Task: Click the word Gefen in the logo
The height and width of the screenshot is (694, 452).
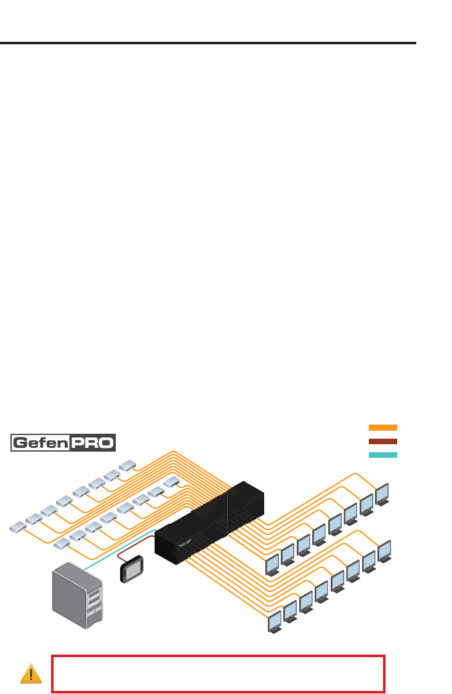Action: (x=41, y=443)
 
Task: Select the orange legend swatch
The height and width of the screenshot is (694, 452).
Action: (x=382, y=427)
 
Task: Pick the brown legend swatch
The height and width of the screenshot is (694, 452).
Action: (x=382, y=441)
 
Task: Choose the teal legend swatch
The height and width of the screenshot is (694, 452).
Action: (x=382, y=455)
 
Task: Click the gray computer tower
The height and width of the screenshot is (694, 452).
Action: (x=78, y=595)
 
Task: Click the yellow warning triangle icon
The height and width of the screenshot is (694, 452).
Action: (x=31, y=674)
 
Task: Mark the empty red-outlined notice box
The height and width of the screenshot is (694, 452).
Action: (x=219, y=674)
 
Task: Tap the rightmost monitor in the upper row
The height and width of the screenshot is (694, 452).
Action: (x=382, y=493)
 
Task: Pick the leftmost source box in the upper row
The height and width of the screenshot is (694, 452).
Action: (x=17, y=527)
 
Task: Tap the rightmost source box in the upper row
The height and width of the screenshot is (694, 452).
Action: (x=127, y=465)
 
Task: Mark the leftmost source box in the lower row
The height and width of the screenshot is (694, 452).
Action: (x=62, y=543)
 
